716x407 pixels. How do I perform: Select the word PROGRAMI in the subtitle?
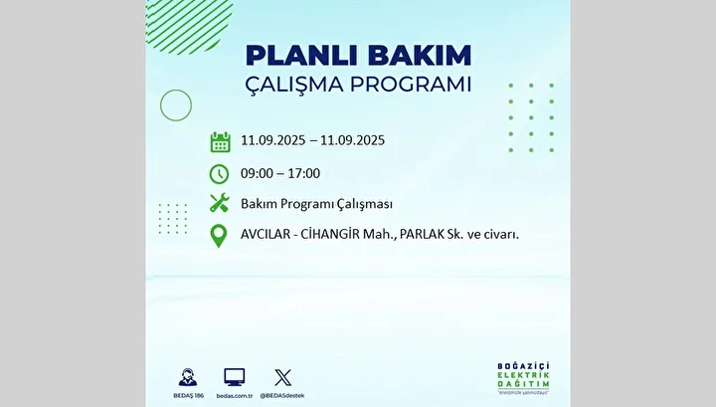click(x=411, y=84)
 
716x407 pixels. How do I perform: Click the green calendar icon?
click(x=220, y=142)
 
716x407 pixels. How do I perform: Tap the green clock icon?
click(x=219, y=174)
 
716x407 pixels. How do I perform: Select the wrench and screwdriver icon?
click(x=219, y=203)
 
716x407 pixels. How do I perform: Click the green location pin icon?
click(x=219, y=236)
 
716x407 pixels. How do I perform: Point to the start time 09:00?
click(x=257, y=173)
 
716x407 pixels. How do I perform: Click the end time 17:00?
click(x=303, y=173)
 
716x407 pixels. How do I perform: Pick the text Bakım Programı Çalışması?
click(x=316, y=204)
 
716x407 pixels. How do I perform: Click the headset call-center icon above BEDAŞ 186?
click(x=188, y=377)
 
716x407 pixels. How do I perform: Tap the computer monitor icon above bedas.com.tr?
click(x=235, y=377)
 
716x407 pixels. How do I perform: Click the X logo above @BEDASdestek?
click(x=282, y=377)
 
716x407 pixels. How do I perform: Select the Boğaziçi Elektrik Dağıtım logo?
click(x=523, y=378)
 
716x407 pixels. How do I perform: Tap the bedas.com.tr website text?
click(x=235, y=396)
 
